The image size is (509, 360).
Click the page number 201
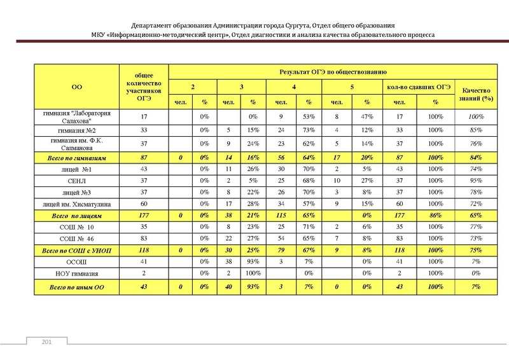[46, 343]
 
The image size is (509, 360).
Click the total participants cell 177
[144, 216]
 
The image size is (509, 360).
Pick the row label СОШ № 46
[77, 238]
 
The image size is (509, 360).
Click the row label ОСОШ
[77, 262]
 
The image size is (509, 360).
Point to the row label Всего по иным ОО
[77, 287]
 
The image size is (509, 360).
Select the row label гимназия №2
[77, 130]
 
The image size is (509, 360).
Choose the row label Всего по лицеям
[77, 216]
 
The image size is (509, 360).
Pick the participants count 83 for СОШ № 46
[144, 238]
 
